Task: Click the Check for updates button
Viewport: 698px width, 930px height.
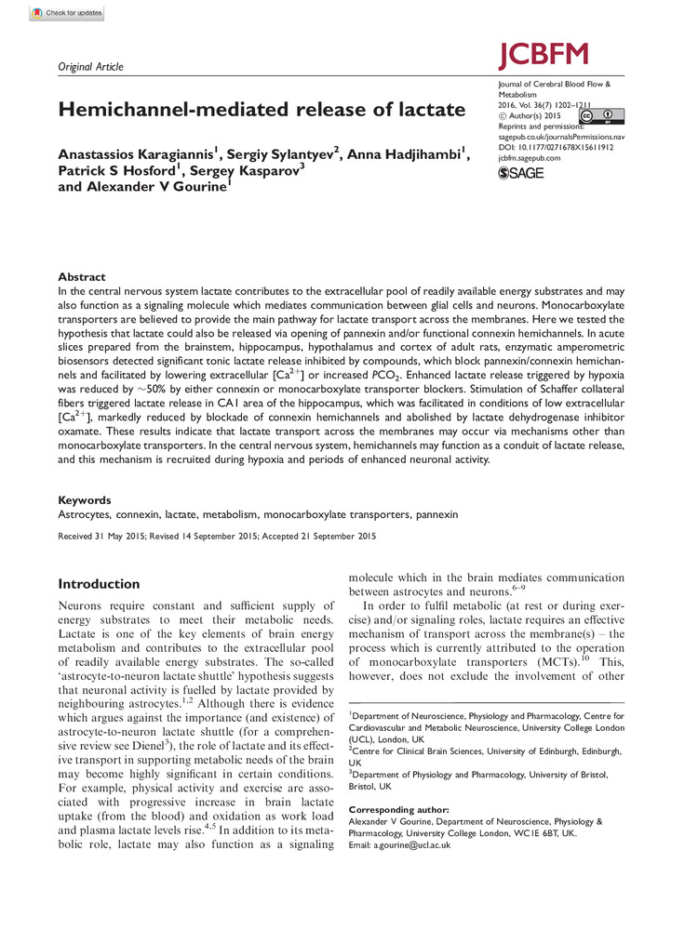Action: pyautogui.click(x=66, y=14)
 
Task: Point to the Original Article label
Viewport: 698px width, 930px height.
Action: pyautogui.click(x=90, y=67)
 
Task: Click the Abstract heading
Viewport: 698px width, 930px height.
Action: pyautogui.click(x=82, y=277)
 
